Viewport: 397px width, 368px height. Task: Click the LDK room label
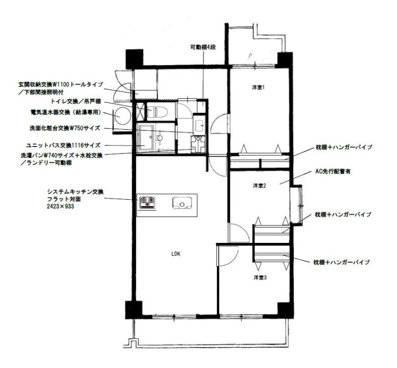coord(176,254)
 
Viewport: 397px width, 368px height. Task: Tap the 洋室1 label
coord(258,88)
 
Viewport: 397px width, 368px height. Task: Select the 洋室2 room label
coord(259,186)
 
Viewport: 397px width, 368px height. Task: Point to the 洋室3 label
coord(260,278)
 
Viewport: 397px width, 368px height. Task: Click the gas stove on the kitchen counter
coord(147,203)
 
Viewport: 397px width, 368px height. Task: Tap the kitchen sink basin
coord(182,203)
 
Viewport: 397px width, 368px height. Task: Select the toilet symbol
coord(157,111)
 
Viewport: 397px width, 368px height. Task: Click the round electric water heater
coord(123,116)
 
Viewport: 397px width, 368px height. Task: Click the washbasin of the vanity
coord(199,125)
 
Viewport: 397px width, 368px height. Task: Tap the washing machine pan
coord(198,145)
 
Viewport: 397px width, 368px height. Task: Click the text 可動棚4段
coord(203,47)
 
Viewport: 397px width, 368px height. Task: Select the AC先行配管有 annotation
coord(332,171)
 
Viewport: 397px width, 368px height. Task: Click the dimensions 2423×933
coord(61,206)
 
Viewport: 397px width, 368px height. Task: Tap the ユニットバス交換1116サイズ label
coord(64,146)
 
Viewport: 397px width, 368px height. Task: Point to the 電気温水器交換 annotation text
coord(50,112)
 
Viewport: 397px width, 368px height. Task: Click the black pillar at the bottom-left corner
coord(133,310)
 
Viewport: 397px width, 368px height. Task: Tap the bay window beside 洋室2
coord(296,205)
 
